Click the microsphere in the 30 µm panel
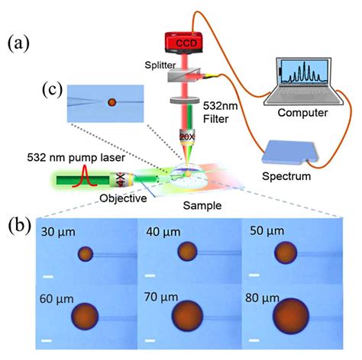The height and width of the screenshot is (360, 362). [86, 254]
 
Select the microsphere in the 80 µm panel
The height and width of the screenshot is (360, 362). [293, 317]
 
